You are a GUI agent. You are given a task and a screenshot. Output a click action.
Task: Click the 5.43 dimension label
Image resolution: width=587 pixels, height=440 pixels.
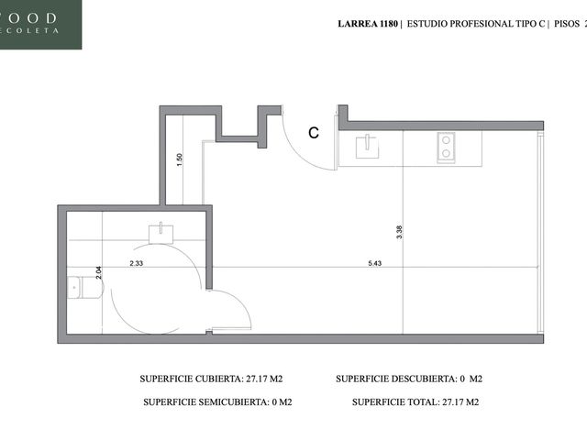click(x=374, y=263)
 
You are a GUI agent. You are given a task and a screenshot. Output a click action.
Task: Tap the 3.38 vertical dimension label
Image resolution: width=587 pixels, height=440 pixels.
click(x=399, y=232)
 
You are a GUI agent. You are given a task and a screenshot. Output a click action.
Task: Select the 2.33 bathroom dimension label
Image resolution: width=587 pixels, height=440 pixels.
click(x=137, y=263)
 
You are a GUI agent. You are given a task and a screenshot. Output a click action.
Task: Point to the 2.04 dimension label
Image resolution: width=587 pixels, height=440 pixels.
click(x=98, y=272)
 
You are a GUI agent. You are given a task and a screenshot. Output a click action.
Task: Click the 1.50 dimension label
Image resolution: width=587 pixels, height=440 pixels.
click(x=180, y=159)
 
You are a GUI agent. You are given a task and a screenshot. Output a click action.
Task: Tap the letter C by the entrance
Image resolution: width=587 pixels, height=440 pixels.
click(x=314, y=133)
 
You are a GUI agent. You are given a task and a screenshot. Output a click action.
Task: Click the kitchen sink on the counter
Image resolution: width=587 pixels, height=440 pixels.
click(x=367, y=147)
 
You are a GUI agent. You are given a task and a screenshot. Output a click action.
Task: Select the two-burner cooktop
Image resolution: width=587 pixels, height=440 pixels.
click(x=446, y=148)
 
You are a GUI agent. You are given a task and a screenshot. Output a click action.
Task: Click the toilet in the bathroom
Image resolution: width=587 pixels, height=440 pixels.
click(x=85, y=287)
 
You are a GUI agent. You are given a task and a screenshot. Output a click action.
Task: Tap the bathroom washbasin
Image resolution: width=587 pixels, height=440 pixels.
click(x=161, y=234)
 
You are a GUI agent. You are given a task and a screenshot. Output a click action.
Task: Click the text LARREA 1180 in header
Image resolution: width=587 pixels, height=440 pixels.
click(x=368, y=24)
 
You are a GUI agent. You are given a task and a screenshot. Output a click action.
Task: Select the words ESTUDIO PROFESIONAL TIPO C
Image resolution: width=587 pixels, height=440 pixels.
click(x=476, y=24)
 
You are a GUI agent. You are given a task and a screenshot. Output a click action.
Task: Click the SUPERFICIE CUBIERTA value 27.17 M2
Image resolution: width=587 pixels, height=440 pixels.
click(x=264, y=379)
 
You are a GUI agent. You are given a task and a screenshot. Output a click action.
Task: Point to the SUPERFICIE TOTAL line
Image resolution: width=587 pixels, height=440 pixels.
click(x=415, y=402)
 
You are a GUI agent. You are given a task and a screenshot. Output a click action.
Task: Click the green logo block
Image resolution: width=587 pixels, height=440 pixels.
click(x=40, y=25)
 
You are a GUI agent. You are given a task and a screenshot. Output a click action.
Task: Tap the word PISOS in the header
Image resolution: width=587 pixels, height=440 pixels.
click(x=567, y=24)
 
